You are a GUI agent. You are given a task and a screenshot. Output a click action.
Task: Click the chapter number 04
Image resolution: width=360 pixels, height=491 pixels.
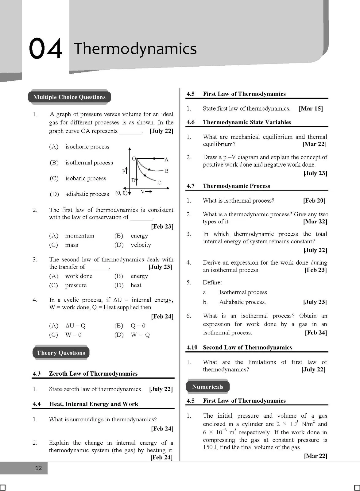[45, 48]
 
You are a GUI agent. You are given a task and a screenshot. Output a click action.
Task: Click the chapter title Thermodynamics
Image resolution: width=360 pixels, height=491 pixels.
[135, 48]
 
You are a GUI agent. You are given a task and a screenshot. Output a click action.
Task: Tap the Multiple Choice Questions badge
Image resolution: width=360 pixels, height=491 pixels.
[69, 97]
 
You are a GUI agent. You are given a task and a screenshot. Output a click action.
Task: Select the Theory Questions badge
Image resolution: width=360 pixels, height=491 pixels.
[61, 353]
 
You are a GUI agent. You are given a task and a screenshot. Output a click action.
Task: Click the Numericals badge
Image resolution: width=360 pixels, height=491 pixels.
[208, 387]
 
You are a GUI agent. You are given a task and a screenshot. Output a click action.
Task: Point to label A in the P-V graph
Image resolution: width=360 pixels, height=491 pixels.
[167, 159]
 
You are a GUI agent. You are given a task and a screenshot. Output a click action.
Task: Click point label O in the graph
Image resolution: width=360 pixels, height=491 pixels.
[134, 159]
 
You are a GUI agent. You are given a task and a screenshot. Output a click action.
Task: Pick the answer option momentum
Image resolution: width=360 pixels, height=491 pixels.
[79, 236]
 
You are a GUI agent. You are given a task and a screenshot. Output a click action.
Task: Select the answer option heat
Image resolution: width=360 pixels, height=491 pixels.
[136, 285]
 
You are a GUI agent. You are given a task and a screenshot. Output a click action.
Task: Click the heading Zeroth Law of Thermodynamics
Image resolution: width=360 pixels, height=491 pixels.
[93, 373]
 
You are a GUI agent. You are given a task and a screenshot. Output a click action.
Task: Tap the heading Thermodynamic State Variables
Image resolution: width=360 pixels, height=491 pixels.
[247, 122]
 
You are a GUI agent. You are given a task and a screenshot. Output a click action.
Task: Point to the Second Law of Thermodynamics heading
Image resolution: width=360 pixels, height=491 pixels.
[247, 347]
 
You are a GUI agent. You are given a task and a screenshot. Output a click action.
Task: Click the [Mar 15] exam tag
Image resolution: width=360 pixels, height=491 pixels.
[311, 108]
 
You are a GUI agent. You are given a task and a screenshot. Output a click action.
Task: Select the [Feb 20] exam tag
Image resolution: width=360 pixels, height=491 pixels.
[314, 201]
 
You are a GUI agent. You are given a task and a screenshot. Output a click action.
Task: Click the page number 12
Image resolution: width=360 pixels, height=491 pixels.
[38, 468]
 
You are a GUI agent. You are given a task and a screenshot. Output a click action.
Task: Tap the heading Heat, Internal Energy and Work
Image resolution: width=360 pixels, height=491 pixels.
[94, 404]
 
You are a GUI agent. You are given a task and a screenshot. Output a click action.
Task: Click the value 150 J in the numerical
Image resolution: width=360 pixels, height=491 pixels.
[210, 447]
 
